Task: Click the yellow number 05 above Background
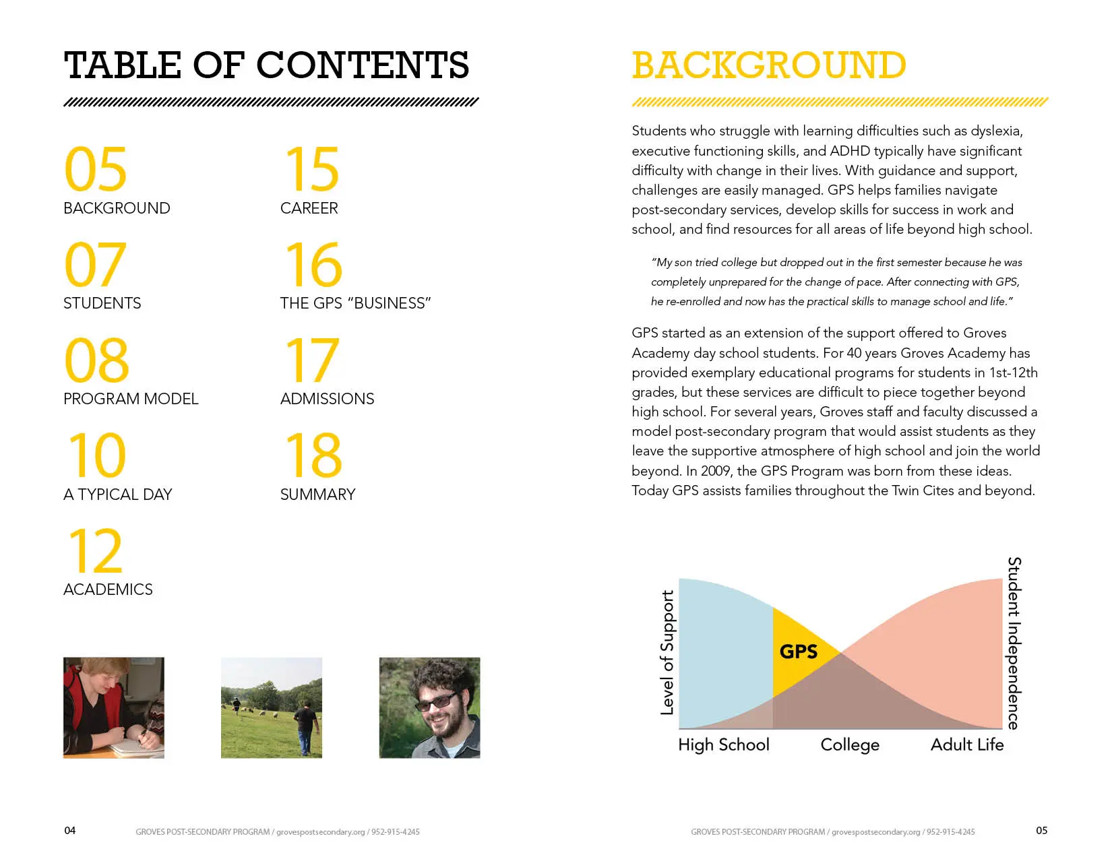coord(95,169)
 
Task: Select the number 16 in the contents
coord(313,265)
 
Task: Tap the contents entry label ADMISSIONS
coord(327,399)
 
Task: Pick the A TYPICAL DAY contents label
coord(117,495)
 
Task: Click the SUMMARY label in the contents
coord(317,495)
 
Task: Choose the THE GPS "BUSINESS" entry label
coord(355,303)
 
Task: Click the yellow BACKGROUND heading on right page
coord(768,65)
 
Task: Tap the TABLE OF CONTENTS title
coord(266,65)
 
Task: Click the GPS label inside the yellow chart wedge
coord(798,651)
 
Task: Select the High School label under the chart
coord(723,744)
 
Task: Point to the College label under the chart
coord(850,744)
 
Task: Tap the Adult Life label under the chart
coord(967,744)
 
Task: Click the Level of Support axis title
coord(667,651)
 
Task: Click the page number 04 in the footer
coord(70,831)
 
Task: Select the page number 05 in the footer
coord(1041,831)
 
